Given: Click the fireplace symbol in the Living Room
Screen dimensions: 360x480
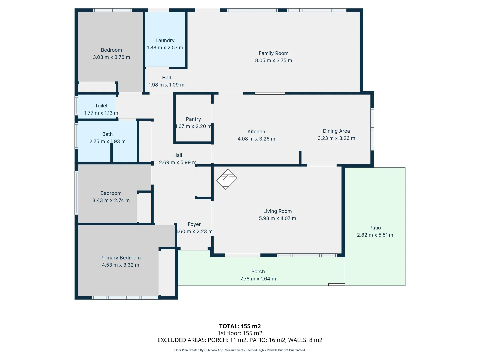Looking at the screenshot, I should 227,179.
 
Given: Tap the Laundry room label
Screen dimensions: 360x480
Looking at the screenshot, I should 165,40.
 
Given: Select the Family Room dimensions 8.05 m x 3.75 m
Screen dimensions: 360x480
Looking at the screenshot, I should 273,60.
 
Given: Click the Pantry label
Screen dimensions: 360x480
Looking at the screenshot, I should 193,119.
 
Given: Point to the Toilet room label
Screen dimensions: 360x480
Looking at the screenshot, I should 101,106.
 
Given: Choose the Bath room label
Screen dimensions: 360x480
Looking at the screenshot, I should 107,134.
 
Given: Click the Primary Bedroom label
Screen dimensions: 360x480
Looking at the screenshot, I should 120,258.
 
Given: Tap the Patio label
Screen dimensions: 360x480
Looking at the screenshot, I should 375,228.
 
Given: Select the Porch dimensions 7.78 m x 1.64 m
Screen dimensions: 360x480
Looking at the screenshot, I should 258,279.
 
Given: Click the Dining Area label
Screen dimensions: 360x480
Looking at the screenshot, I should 336,131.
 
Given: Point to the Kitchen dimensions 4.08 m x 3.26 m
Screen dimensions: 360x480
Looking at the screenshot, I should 256,139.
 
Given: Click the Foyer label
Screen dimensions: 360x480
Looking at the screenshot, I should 194,224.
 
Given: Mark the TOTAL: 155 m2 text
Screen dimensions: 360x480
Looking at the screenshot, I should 240,326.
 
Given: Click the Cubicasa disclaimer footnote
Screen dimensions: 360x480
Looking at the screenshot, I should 240,350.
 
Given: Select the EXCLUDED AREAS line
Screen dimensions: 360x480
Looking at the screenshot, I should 240,340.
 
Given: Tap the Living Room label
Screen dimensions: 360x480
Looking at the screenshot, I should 277,211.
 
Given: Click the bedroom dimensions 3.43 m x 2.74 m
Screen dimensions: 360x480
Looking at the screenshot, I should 111,200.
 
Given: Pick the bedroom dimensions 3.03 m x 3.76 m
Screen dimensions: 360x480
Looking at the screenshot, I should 111,57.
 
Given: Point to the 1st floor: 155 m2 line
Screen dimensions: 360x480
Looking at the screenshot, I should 240,333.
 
